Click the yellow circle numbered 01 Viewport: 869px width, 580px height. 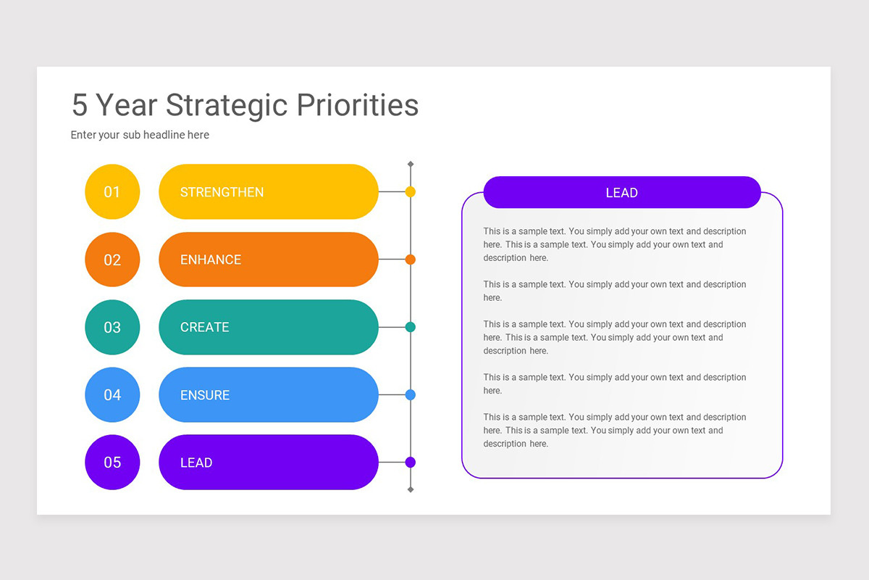click(112, 192)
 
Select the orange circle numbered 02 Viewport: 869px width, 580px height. click(112, 260)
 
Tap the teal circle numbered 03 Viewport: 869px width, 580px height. click(112, 327)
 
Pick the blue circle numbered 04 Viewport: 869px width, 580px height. click(112, 395)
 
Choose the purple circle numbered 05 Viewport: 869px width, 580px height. click(112, 463)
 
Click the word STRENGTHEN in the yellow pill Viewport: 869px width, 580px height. click(222, 192)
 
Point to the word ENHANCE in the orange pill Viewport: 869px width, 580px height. click(211, 260)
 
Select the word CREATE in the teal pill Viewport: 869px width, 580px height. click(204, 327)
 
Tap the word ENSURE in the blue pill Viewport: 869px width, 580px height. click(205, 395)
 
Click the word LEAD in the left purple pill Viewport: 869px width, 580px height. click(196, 463)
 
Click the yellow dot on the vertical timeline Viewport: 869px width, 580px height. click(411, 192)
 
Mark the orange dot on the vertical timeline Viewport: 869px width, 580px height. click(411, 260)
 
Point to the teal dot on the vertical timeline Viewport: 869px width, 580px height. click(411, 327)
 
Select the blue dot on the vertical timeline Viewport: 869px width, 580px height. click(411, 395)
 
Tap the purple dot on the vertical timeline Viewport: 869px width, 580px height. click(411, 463)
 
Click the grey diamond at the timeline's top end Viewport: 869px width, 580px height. click(411, 165)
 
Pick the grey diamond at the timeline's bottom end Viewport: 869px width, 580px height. click(411, 490)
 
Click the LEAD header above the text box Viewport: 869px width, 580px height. click(621, 193)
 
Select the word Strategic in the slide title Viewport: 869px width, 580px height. click(227, 105)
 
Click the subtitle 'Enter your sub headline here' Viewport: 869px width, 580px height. click(140, 135)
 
